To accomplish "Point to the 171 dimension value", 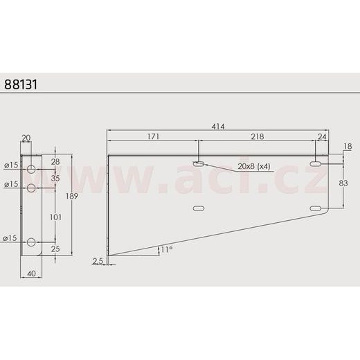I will pos(153,137).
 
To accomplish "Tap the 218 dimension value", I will pos(256,137).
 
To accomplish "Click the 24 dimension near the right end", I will pos(321,137).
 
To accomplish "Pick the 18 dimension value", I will pos(348,146).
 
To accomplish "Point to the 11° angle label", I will pos(165,249).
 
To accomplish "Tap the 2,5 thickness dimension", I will pos(96,261).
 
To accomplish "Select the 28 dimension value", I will pos(56,162).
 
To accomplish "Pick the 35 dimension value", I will pos(56,178).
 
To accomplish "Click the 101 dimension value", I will pos(56,217).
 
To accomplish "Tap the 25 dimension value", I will pos(56,248).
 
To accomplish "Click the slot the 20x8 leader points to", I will pos(199,164).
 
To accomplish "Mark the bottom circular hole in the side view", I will pos(32,241).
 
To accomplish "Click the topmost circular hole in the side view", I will pos(32,170).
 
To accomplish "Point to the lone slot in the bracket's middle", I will pos(199,208).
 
